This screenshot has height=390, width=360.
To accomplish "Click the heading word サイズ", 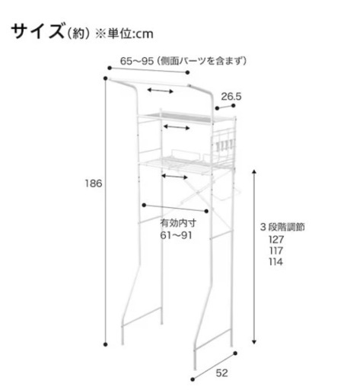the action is pos(37,31).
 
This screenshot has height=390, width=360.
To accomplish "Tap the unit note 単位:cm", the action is pos(130,34).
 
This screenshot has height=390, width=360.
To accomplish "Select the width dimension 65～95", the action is pos(137,61).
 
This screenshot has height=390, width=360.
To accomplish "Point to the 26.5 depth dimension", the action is pos(231,97).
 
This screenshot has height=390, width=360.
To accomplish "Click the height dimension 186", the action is pos(94,184).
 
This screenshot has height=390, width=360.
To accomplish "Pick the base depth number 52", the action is pos(222,373).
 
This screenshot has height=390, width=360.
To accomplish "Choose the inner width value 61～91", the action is pos(176,235).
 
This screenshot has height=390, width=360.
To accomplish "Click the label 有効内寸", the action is pos(178,223).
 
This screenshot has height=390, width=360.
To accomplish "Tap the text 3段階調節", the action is pos(282,227).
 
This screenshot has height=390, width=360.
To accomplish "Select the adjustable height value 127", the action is pos(276,239).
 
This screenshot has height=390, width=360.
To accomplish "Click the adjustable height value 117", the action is pos(276,251).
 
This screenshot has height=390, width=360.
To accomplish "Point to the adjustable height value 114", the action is pos(276,262).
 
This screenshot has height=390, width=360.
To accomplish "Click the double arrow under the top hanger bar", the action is pos(161,91).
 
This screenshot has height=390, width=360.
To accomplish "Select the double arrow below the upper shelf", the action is pos(177,127).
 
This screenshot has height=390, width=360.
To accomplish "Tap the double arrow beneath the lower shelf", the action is pos(175,177).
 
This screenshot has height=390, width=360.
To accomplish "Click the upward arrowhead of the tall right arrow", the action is pos(254,172).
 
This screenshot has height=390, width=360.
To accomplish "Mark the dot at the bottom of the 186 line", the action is pos(106,344).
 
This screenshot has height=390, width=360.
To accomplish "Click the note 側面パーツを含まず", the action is pos(201,61).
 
